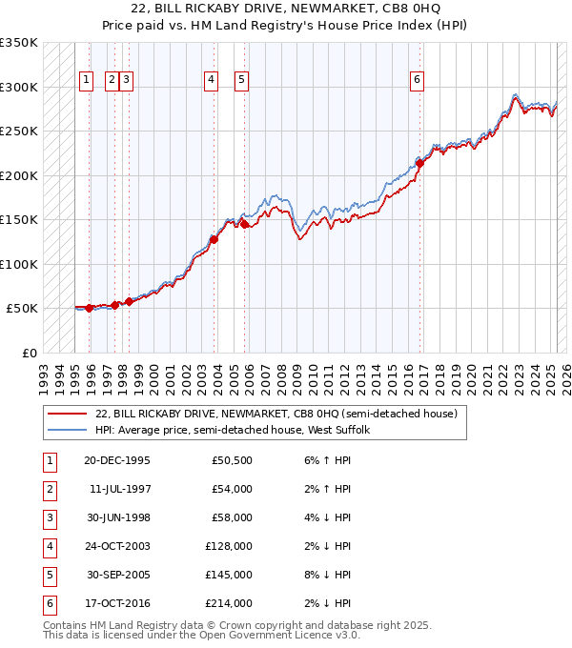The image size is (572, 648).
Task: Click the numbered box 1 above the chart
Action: click(86, 81)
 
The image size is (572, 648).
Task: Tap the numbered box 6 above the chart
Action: click(417, 81)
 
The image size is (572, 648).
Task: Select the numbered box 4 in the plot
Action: click(210, 81)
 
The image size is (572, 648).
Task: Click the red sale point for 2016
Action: click(420, 163)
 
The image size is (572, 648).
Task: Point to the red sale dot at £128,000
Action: click(214, 239)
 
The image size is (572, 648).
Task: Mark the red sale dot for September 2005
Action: click(245, 225)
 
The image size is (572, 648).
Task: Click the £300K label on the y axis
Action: click(19, 87)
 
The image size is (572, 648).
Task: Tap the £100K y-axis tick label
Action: click(19, 264)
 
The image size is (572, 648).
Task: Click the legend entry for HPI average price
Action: click(237, 430)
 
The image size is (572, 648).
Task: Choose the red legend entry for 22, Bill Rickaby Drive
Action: click(276, 414)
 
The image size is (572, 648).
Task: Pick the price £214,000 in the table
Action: click(232, 603)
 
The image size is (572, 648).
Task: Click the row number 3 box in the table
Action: click(48, 517)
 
